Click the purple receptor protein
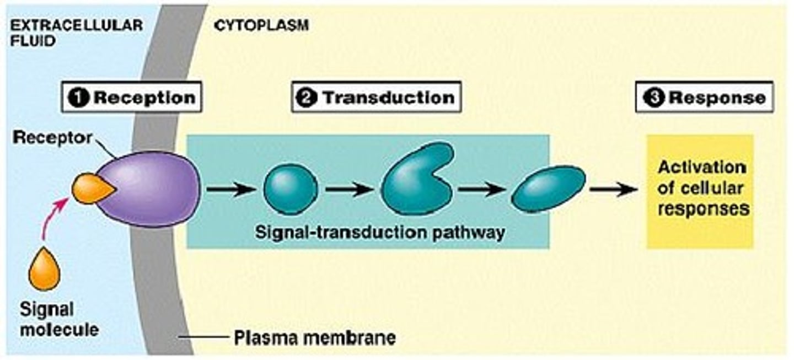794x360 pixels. [x=152, y=189]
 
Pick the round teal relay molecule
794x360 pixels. [x=291, y=189]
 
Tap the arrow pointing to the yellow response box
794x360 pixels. [x=612, y=190]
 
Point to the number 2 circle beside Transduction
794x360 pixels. [x=304, y=98]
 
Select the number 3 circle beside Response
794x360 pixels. [x=652, y=98]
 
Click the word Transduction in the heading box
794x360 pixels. [x=388, y=98]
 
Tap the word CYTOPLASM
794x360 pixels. [x=261, y=25]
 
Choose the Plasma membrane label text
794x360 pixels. [x=315, y=337]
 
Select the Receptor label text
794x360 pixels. [x=53, y=138]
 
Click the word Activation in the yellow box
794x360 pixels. [x=702, y=167]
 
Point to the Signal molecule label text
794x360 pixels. [x=59, y=320]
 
